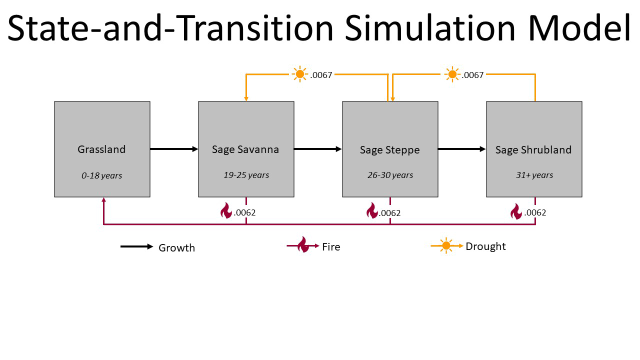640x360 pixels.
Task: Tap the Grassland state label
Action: (101, 149)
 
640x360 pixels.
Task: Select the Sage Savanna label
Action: (245, 149)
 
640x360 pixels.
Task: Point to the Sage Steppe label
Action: (389, 150)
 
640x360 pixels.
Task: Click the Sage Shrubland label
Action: (533, 149)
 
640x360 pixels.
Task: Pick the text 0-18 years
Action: (101, 175)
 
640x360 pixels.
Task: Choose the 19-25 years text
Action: (246, 175)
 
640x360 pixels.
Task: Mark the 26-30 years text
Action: (390, 175)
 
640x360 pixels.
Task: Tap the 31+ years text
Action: (534, 175)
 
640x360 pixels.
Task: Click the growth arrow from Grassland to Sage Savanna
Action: (174, 149)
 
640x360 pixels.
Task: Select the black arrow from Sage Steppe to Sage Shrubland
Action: (461, 149)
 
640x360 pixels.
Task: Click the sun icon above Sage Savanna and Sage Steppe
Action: (299, 74)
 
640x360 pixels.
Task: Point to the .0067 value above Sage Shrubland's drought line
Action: (472, 75)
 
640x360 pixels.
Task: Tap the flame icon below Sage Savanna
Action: (226, 210)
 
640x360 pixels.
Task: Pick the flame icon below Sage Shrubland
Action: (516, 211)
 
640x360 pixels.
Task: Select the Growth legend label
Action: (177, 247)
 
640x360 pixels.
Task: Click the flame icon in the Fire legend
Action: (303, 244)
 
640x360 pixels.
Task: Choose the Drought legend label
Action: (485, 246)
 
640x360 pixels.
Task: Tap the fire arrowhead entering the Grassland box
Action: (103, 199)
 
